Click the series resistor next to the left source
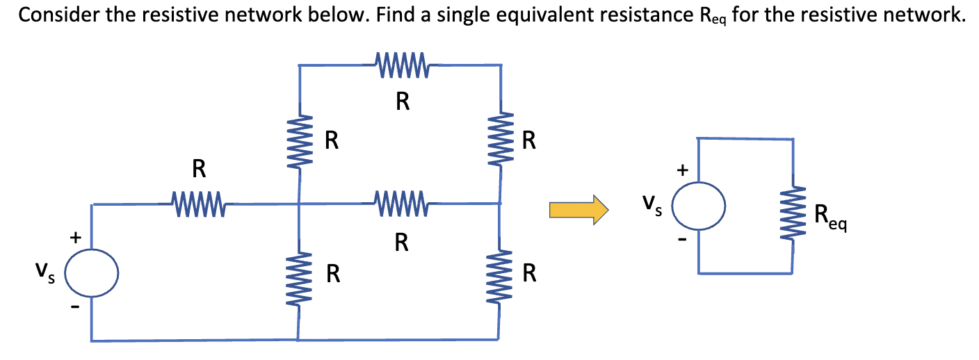197,204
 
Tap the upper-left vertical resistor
300,140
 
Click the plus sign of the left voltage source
76,237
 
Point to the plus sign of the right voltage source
683,169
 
